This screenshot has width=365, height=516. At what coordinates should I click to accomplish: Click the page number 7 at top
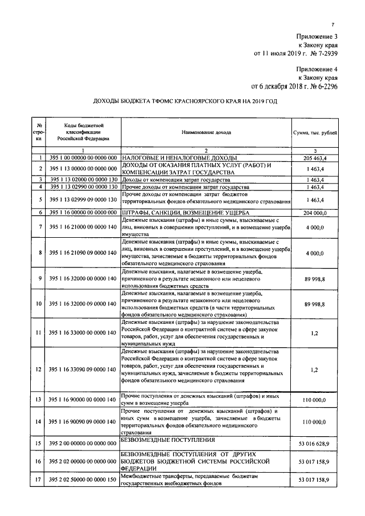[x=333, y=23]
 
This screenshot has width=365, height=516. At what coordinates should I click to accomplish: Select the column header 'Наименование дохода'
[x=206, y=132]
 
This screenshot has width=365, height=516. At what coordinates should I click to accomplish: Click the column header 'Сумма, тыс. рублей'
[x=314, y=132]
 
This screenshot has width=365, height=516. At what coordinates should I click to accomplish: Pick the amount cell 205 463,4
[x=314, y=158]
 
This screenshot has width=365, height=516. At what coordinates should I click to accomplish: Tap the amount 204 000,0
[x=314, y=213]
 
